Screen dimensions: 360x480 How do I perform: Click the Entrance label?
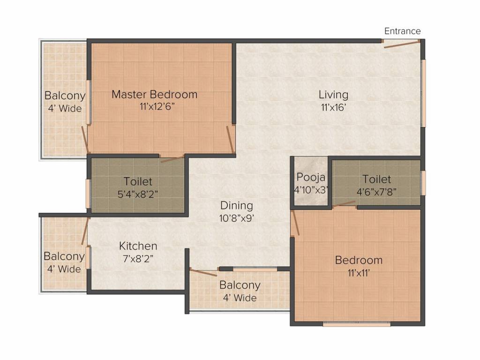point(402,31)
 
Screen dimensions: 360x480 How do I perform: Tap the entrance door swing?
point(401,44)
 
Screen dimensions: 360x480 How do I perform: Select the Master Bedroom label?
point(154,94)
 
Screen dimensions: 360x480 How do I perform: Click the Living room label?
point(333,95)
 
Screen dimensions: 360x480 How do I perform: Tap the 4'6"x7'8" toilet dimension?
point(376,191)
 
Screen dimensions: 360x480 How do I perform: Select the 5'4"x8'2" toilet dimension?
point(138,193)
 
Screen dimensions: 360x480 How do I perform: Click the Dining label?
point(237,205)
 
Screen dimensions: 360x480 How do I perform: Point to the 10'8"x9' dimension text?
point(237,217)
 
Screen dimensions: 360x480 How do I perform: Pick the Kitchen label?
point(138,246)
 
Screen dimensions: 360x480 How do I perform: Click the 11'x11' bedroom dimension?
point(359,272)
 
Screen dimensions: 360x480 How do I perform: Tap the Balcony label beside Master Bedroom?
point(65,96)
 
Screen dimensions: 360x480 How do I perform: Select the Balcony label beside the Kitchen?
point(64,256)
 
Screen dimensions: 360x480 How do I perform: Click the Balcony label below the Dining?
point(240,285)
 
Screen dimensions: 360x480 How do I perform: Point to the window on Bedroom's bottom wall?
point(357,323)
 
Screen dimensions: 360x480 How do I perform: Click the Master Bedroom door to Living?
point(230,139)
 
